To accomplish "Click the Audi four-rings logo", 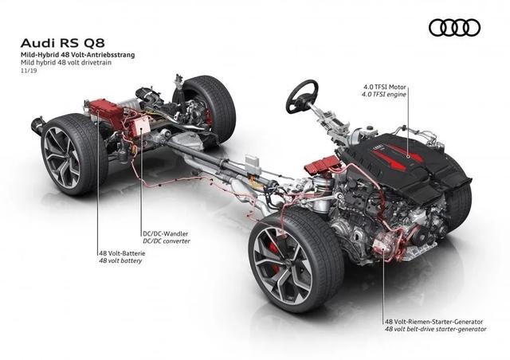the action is tap(454, 27).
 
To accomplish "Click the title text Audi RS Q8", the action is tap(63, 43).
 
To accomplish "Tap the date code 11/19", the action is tap(29, 70).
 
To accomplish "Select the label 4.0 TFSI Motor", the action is tap(385, 87).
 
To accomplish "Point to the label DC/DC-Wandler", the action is tap(166, 233).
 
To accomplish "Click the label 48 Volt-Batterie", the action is tap(122, 253).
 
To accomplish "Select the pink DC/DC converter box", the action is tap(140, 126).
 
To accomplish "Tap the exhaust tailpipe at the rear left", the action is tap(37, 126).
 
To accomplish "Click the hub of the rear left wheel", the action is tap(61, 158).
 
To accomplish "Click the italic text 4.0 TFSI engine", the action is tap(384, 95).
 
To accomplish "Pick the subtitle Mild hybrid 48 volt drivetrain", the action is tap(66, 62).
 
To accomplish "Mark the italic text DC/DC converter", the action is tap(167, 241).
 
